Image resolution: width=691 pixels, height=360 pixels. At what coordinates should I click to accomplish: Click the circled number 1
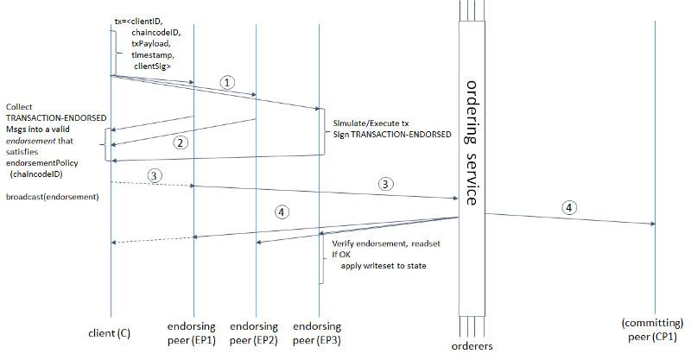[x=226, y=82]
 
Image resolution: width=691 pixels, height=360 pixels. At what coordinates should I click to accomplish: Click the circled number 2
[x=180, y=142]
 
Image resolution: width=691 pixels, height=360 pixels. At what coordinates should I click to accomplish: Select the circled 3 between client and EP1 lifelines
[x=154, y=175]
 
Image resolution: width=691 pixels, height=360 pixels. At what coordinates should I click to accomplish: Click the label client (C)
[x=110, y=332]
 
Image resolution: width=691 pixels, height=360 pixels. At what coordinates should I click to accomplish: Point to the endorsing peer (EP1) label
[x=194, y=332]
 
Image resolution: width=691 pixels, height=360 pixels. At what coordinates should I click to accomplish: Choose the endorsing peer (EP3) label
[x=318, y=332]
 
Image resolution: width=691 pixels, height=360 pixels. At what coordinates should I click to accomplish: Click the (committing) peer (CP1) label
[x=654, y=328]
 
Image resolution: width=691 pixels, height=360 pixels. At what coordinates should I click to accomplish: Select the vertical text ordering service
[x=472, y=142]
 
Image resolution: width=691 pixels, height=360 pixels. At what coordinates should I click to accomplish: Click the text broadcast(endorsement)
[x=53, y=197]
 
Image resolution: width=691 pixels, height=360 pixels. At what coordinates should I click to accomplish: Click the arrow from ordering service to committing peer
[x=570, y=218]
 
